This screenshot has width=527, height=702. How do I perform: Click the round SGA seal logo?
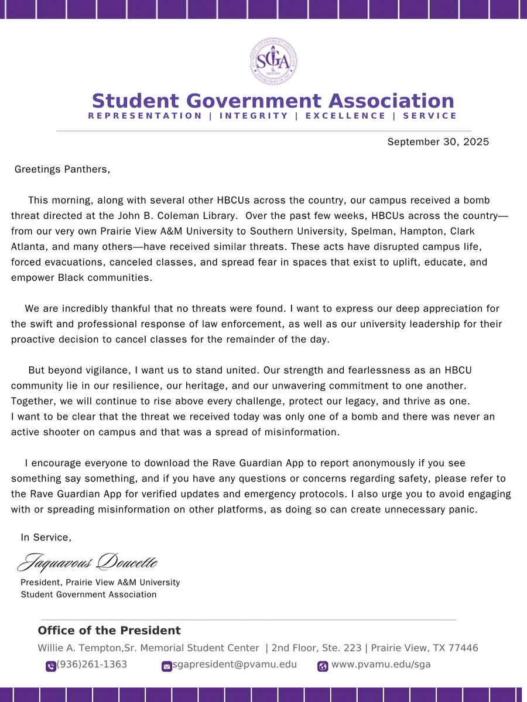(x=273, y=61)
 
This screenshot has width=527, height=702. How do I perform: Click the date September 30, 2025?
(x=438, y=142)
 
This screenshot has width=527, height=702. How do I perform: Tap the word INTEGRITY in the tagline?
(x=254, y=116)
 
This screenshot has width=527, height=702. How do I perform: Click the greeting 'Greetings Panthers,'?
(x=62, y=170)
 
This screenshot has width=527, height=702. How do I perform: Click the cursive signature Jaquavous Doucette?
(x=88, y=562)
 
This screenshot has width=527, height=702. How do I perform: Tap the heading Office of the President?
(x=109, y=631)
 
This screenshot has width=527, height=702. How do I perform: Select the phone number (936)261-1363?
(x=92, y=665)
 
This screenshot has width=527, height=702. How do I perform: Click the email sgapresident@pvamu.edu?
(x=235, y=665)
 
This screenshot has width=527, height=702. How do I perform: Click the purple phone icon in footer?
(x=51, y=666)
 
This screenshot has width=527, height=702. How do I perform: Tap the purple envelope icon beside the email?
(x=166, y=666)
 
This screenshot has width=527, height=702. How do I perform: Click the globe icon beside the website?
(x=323, y=666)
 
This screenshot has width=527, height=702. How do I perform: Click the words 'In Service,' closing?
(x=46, y=537)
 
